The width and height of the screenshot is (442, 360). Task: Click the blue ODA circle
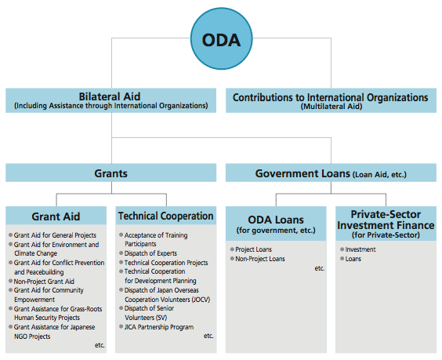(x=221, y=38)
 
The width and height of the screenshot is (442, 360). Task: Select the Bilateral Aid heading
(x=110, y=96)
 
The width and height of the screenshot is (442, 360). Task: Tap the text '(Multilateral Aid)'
(x=331, y=107)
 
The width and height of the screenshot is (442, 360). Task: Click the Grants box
(x=110, y=173)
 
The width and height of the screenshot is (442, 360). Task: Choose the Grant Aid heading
(x=56, y=216)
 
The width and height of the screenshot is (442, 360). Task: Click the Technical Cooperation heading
(x=166, y=216)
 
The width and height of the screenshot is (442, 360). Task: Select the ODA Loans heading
(x=276, y=220)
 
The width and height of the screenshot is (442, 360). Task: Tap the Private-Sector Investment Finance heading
(x=386, y=220)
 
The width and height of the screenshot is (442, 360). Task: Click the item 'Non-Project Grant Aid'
(x=44, y=282)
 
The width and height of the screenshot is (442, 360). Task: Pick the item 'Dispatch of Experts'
(x=150, y=253)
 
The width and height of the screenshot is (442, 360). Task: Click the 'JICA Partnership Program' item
(x=159, y=327)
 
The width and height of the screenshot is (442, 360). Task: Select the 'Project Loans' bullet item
(x=253, y=249)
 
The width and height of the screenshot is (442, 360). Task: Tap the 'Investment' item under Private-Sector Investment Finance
(x=360, y=249)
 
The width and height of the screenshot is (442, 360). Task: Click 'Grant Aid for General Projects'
(x=55, y=235)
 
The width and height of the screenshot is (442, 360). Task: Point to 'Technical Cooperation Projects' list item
(x=166, y=263)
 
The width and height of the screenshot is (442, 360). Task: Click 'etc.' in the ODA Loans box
(x=320, y=268)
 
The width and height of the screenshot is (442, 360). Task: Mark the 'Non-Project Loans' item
(x=260, y=259)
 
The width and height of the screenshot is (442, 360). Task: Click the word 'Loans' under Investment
(x=353, y=259)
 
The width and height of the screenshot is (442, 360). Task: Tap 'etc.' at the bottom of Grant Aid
(x=100, y=345)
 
